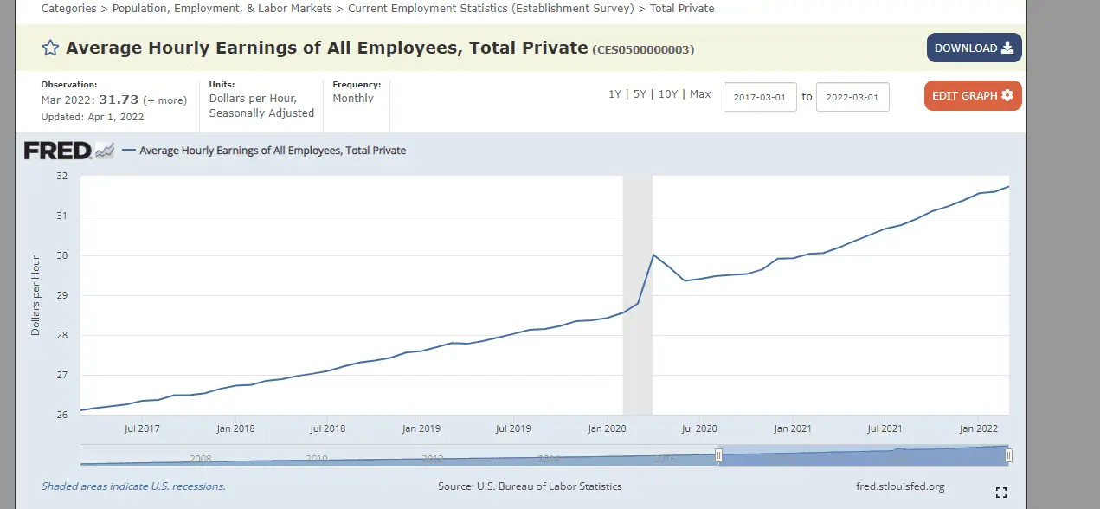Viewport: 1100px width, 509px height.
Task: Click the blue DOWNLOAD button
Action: pyautogui.click(x=974, y=48)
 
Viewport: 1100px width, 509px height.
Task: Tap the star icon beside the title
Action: pyautogui.click(x=50, y=48)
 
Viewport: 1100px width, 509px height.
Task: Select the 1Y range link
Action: pyautogui.click(x=614, y=94)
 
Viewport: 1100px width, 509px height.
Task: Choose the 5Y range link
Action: pyautogui.click(x=640, y=94)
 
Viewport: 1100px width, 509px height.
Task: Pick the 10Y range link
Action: pyautogui.click(x=668, y=94)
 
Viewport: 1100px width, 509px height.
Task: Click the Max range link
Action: pyautogui.click(x=700, y=94)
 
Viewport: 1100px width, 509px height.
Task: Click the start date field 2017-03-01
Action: pyautogui.click(x=759, y=97)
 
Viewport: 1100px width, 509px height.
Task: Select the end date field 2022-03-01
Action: pyautogui.click(x=852, y=97)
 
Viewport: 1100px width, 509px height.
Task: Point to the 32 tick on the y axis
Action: pyautogui.click(x=61, y=176)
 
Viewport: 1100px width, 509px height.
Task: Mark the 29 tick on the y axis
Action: pyautogui.click(x=61, y=295)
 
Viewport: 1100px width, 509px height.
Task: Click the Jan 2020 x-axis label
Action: pyautogui.click(x=607, y=428)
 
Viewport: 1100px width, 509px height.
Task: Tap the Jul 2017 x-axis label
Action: pyautogui.click(x=142, y=428)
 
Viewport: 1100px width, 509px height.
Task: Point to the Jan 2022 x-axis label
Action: pyautogui.click(x=979, y=428)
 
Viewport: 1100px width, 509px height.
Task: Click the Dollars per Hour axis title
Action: pyautogui.click(x=35, y=295)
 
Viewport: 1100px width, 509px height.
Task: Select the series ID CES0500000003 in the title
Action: pyautogui.click(x=644, y=50)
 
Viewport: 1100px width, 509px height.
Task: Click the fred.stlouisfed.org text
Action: pyautogui.click(x=899, y=486)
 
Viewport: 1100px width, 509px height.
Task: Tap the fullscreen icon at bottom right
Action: pyautogui.click(x=1001, y=493)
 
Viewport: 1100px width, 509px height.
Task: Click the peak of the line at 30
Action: pyautogui.click(x=653, y=254)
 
